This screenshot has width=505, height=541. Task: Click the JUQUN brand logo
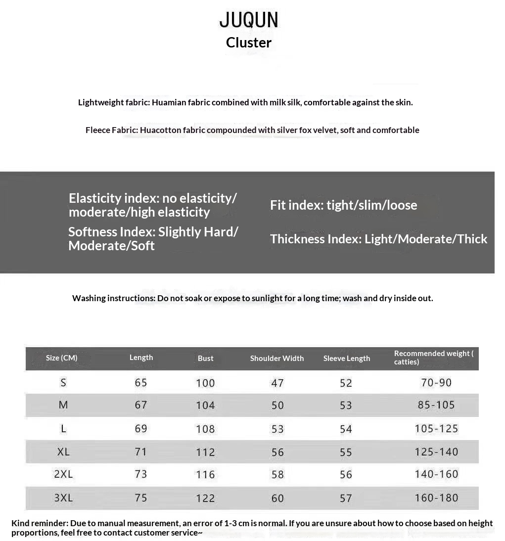(249, 20)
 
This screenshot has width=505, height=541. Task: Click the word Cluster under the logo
(249, 43)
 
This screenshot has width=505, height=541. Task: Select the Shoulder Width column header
(277, 358)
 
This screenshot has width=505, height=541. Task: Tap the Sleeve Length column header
(347, 358)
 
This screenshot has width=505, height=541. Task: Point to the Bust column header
(206, 358)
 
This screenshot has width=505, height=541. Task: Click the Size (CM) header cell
(62, 358)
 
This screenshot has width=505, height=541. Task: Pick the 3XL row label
(63, 497)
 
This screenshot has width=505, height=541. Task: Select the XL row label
(63, 451)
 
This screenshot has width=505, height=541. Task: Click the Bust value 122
(205, 498)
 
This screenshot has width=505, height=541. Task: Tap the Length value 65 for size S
(141, 382)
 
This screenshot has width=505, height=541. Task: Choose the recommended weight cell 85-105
(436, 405)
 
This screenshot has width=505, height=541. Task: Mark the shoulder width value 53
(277, 429)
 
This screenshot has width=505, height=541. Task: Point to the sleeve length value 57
(346, 498)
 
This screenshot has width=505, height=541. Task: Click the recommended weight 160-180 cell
(437, 497)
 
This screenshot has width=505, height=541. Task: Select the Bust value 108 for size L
(205, 429)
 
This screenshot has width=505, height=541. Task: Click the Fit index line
(343, 205)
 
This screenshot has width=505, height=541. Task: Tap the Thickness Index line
(378, 239)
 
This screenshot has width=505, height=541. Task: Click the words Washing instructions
(113, 298)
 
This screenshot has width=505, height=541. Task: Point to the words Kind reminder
(40, 523)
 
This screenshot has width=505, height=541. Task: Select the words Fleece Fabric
(111, 130)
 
